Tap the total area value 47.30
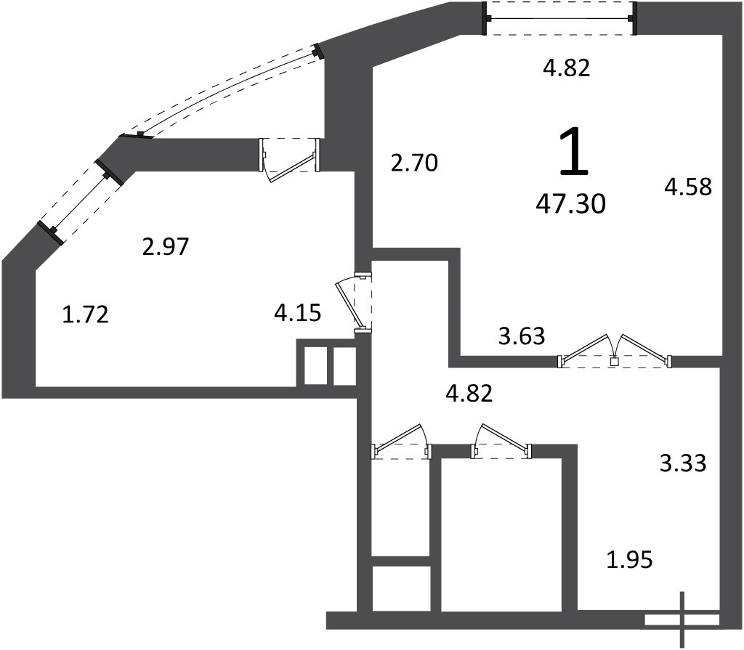pos(571,205)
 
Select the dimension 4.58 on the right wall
pos(688,187)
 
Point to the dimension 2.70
pos(414,163)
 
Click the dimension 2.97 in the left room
pos(166,247)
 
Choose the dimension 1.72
pos(86,314)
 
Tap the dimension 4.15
pos(298,313)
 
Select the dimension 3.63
pos(522,336)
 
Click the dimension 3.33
pos(683,463)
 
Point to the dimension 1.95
pos(630,561)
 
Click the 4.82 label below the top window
pos(567,68)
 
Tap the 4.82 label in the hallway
pos(470,394)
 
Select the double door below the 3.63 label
pos(615,352)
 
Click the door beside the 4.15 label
pos(355,304)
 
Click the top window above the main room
pos(559,18)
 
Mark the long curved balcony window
pos(224,90)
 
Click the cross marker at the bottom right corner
pos(683,620)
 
